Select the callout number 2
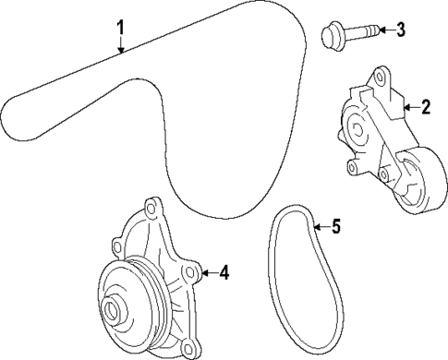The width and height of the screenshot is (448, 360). [426, 108]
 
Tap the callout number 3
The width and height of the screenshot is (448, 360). [400, 30]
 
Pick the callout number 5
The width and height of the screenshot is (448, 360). [335, 226]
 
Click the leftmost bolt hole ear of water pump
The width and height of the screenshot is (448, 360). [117, 246]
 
